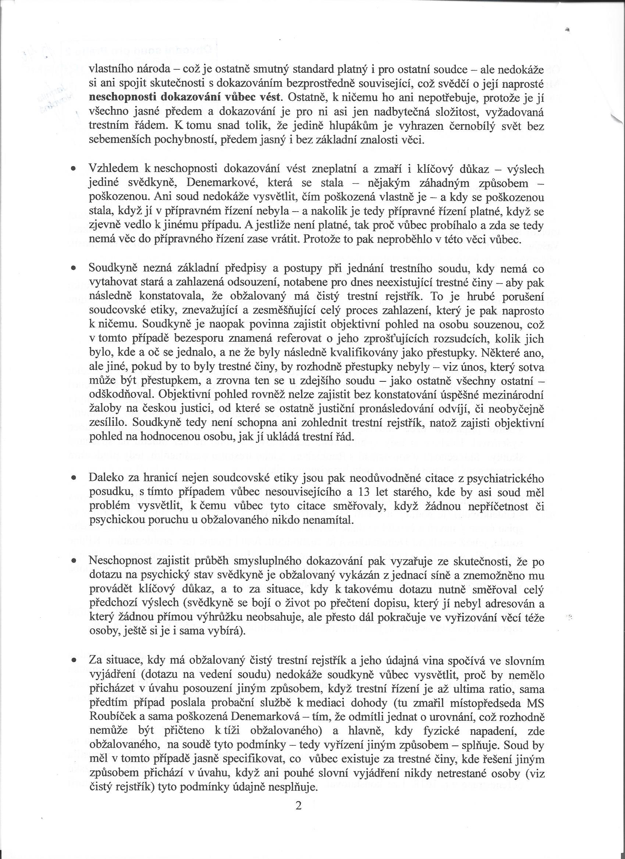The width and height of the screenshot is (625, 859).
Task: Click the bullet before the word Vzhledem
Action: pyautogui.click(x=73, y=169)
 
